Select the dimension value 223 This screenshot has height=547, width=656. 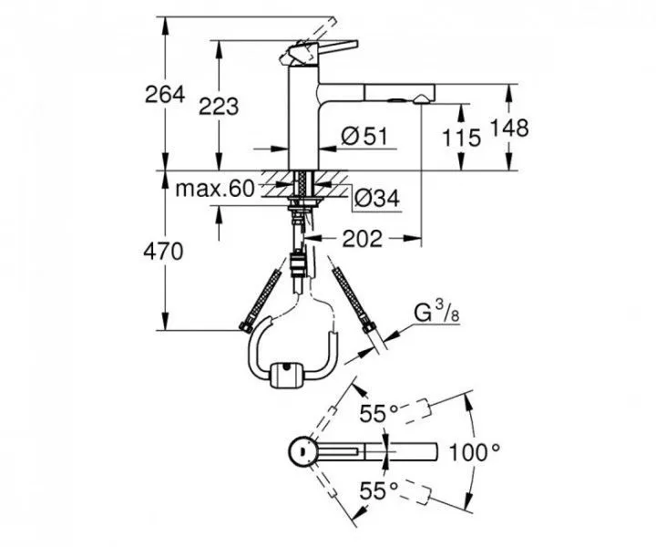220,106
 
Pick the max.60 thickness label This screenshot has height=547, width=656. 213,189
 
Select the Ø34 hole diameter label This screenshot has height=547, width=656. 374,196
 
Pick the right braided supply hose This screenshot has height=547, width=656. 354,296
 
